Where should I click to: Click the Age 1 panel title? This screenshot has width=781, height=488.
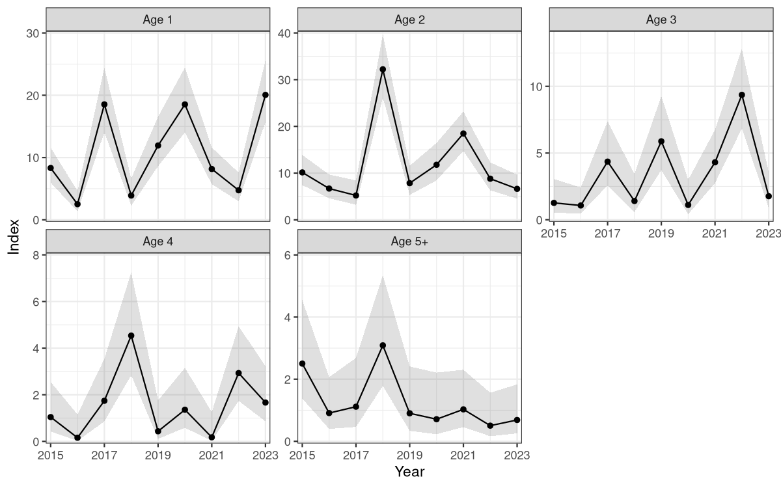(x=158, y=19)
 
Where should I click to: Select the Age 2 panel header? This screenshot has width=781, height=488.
(x=409, y=19)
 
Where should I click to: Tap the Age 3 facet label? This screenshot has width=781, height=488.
(x=661, y=19)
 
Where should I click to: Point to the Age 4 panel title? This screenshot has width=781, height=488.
(x=158, y=241)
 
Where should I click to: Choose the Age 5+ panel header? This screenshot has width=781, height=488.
(x=409, y=241)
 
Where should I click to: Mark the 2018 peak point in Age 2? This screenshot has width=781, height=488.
(x=383, y=69)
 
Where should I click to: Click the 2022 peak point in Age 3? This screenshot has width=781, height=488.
(x=742, y=95)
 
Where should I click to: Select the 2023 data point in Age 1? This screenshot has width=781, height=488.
(x=266, y=95)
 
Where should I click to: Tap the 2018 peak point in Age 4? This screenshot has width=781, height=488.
(x=131, y=336)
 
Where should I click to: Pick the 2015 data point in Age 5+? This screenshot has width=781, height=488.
(x=302, y=364)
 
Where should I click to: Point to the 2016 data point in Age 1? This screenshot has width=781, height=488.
(x=77, y=204)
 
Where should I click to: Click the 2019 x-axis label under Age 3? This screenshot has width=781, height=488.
(x=661, y=232)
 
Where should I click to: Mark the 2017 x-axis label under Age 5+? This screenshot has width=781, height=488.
(x=356, y=454)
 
